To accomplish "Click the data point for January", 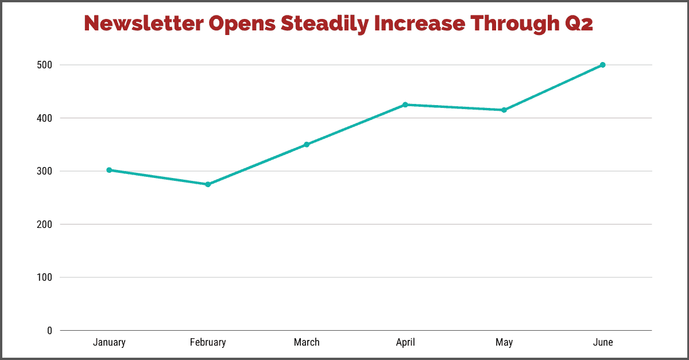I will (x=109, y=170).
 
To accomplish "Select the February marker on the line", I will (x=208, y=184).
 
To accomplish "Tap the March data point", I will (x=307, y=145).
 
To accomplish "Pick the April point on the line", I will (x=405, y=104).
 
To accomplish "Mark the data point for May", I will (x=504, y=110).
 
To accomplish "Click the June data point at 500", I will (x=602, y=65).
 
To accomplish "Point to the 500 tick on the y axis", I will (x=45, y=65).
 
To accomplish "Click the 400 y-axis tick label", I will (x=45, y=118).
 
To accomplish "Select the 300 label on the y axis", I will (x=45, y=171).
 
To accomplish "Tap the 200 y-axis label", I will (x=45, y=224).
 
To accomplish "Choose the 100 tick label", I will (x=45, y=277).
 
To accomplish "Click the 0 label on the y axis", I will (x=49, y=331).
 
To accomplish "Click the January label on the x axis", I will (x=109, y=343).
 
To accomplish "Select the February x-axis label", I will (x=208, y=343).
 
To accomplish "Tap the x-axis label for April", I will (x=405, y=343).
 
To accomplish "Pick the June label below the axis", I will (x=602, y=343).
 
